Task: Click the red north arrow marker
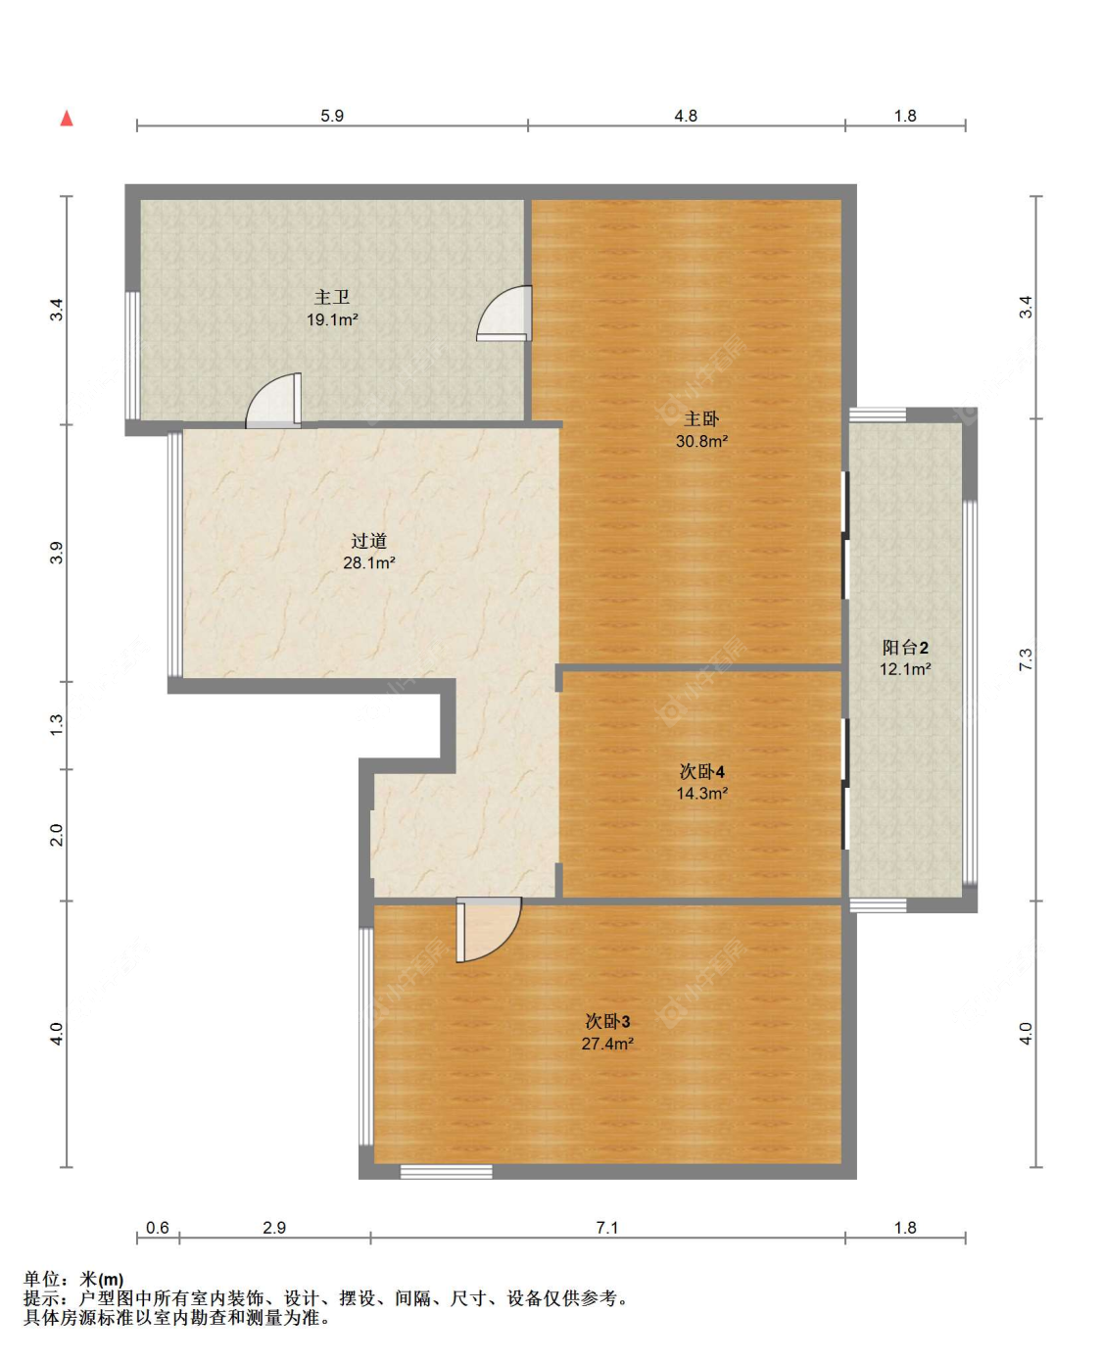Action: (67, 119)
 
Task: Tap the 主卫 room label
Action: (332, 297)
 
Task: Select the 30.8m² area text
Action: (701, 441)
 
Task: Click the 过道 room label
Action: (369, 541)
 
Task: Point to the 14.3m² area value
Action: (702, 794)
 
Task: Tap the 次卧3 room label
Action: (607, 1021)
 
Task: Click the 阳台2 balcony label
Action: (905, 648)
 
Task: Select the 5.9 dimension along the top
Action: (332, 116)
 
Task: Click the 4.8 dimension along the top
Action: (686, 116)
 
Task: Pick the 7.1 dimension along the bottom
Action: (607, 1228)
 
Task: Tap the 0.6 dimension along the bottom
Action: (158, 1228)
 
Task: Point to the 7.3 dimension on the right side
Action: (1026, 659)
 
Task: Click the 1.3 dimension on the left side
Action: (57, 724)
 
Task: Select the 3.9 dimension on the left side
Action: (57, 553)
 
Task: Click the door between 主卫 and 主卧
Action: (505, 313)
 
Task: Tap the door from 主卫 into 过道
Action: (273, 401)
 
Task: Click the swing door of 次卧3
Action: (488, 930)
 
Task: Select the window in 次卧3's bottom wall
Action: (447, 1171)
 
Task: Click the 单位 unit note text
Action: (73, 1279)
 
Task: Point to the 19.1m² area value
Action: (332, 319)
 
